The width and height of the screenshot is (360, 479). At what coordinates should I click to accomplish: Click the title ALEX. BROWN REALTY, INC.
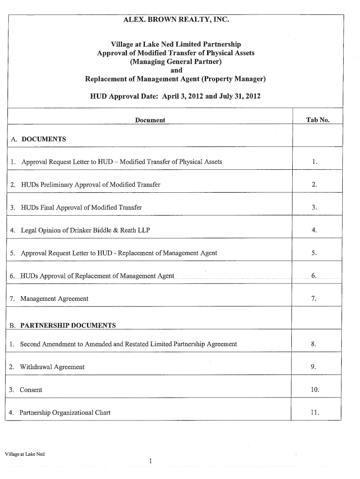click(176, 20)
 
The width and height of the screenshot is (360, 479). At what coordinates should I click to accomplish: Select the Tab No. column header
click(317, 120)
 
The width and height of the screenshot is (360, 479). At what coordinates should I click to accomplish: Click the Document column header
click(150, 120)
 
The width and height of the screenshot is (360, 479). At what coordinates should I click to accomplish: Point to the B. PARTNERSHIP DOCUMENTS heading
click(62, 325)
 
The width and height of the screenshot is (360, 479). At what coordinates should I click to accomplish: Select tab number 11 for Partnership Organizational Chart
click(314, 413)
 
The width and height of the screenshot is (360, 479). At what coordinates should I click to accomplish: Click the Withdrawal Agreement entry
click(52, 367)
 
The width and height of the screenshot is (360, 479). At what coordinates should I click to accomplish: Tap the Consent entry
click(31, 390)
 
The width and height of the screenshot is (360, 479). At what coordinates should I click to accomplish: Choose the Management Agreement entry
click(54, 298)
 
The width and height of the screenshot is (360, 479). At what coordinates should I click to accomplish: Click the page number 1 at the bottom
click(150, 461)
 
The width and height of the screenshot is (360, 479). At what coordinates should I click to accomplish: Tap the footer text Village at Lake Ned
click(24, 454)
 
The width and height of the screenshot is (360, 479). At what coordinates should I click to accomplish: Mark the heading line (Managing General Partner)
click(176, 61)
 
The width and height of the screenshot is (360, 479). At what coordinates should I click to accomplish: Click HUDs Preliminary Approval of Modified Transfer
click(90, 184)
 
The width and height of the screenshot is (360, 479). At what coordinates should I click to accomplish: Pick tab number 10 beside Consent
click(314, 390)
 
